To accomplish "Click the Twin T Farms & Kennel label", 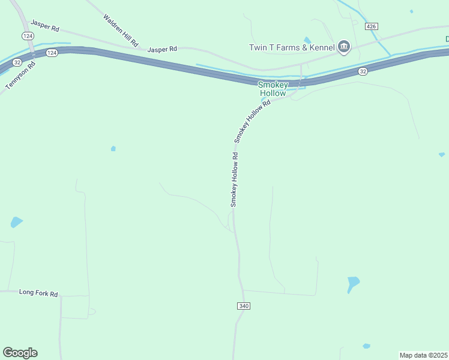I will point(291,47).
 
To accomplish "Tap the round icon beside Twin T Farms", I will point(344,47).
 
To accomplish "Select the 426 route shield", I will point(372,26).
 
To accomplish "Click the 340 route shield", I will point(243,306).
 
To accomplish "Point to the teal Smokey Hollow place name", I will point(273,89).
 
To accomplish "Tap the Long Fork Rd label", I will point(38,293).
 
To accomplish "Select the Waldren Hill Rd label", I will point(121,31).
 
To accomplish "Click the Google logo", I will point(20,353).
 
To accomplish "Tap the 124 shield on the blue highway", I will point(52,53).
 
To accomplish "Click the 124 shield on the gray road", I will point(28,36).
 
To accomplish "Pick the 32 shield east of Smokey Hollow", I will point(363,71).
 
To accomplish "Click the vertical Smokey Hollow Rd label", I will point(235,179).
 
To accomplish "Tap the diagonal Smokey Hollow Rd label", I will point(253,121).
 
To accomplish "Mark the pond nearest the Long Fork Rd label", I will point(16,223).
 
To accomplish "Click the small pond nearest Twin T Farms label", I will point(307,40).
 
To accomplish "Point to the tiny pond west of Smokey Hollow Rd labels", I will point(113,148).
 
